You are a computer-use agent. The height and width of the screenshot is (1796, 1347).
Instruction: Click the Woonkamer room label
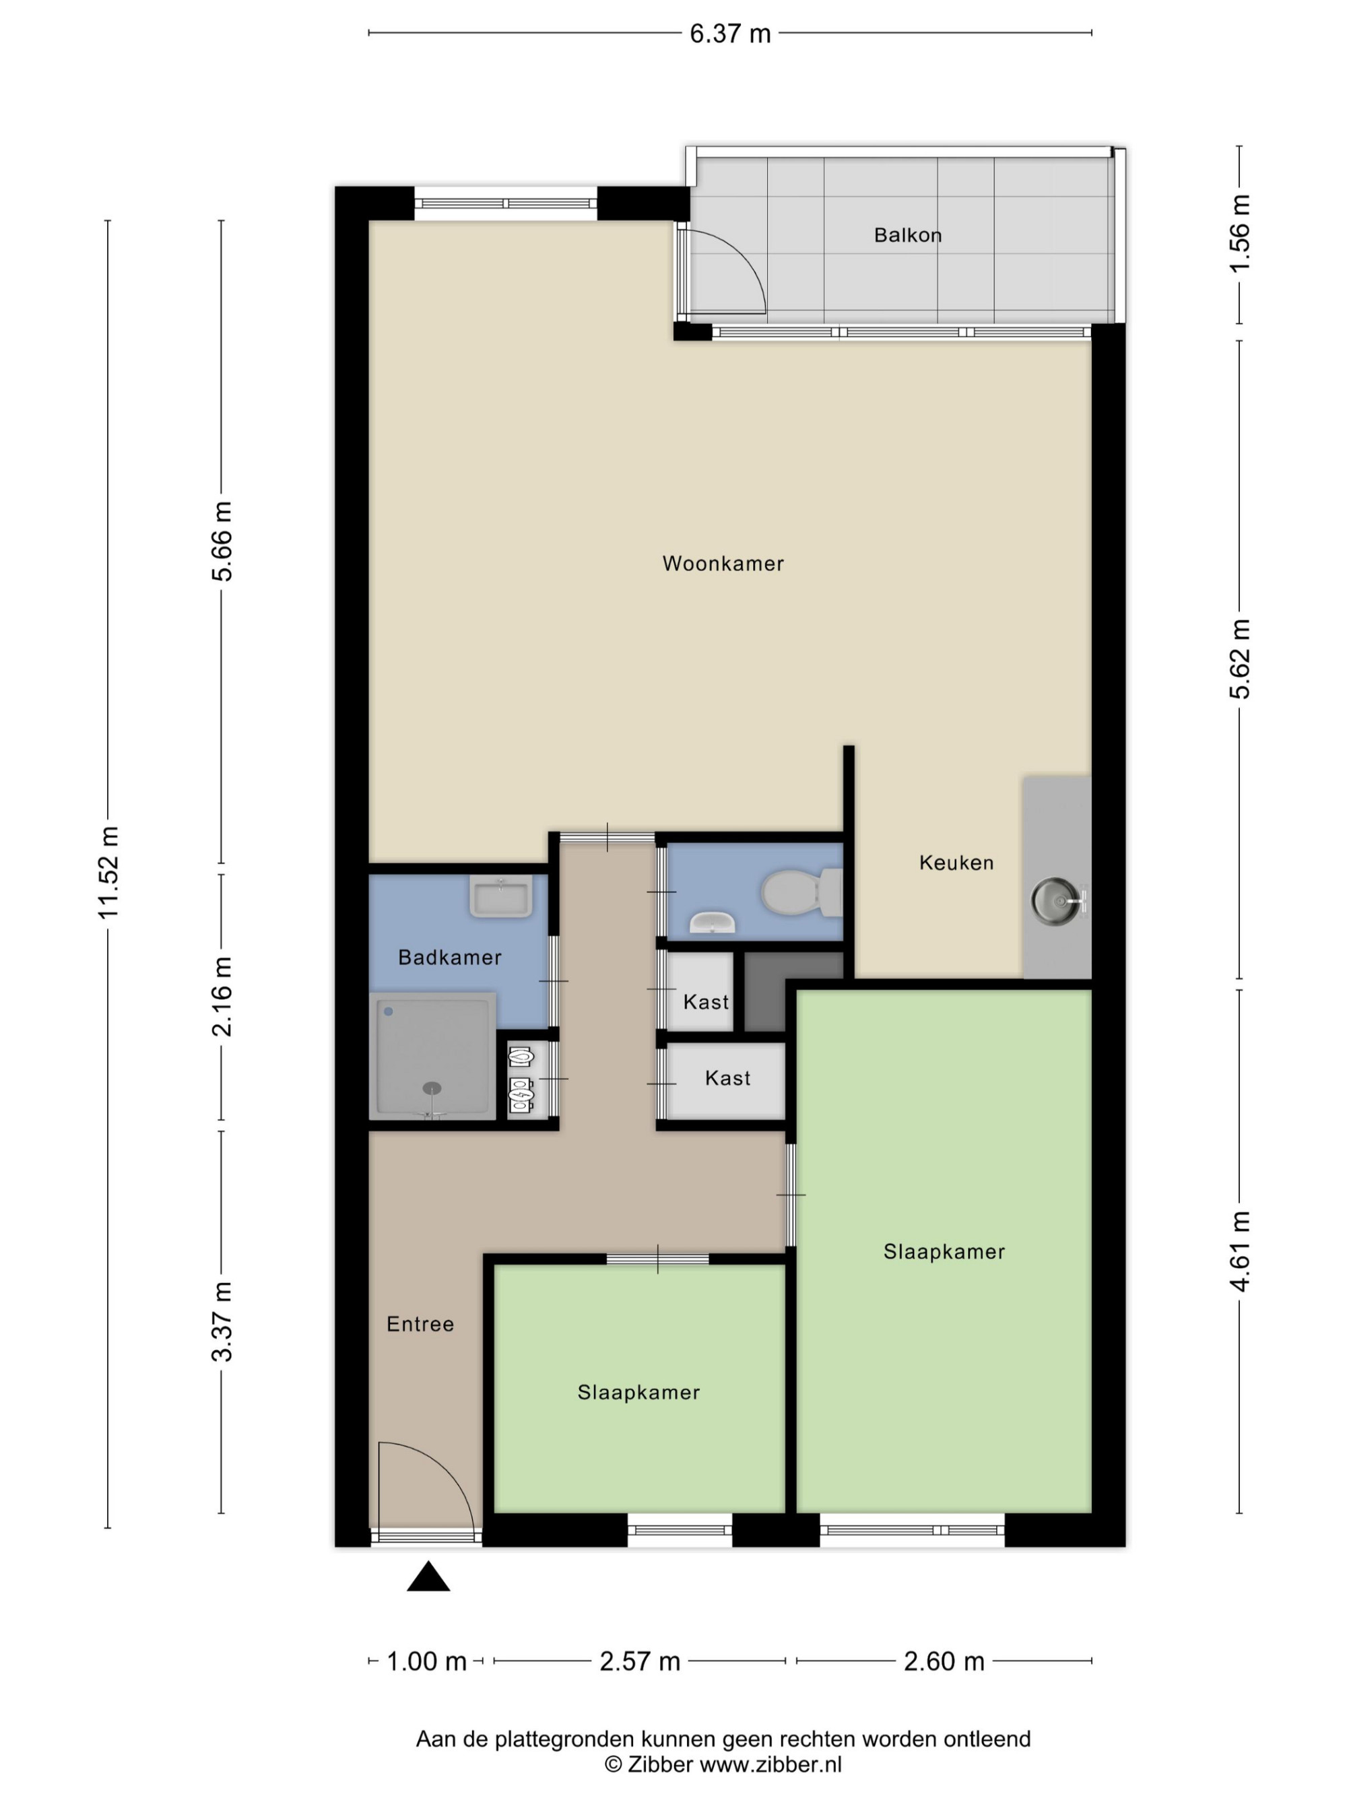(x=723, y=564)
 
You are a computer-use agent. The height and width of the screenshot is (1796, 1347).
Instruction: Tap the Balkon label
(x=908, y=236)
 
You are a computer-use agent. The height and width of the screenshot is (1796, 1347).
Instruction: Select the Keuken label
(x=956, y=862)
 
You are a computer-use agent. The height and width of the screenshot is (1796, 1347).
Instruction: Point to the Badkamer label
(x=450, y=958)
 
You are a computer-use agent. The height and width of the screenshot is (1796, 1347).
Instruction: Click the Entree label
(x=420, y=1324)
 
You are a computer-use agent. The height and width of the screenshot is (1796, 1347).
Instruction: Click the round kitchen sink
(x=1055, y=899)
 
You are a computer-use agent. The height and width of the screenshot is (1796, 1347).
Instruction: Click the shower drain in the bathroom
(x=432, y=1088)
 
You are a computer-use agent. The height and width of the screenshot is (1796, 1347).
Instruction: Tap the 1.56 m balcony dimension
(x=1240, y=234)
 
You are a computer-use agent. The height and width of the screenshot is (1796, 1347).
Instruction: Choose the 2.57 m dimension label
(x=640, y=1661)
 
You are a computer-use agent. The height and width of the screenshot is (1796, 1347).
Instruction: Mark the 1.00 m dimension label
(x=426, y=1661)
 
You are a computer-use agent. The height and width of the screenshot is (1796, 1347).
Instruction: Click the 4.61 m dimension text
(x=1240, y=1251)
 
